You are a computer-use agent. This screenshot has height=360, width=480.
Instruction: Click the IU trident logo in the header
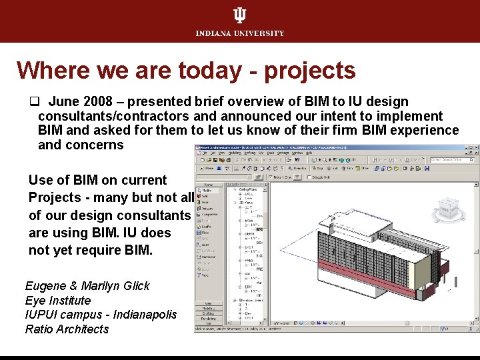239,16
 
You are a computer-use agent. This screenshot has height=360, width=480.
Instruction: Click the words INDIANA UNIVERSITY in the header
239,33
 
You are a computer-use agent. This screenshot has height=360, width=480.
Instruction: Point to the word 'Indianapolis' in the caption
142,315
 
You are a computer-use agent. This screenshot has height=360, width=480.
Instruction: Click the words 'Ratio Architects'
67,329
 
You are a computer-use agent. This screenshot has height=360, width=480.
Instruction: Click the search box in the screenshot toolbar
450,160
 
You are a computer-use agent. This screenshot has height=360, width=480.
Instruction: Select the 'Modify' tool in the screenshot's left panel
207,189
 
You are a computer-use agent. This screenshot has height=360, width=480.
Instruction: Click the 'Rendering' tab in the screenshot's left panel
209,317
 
